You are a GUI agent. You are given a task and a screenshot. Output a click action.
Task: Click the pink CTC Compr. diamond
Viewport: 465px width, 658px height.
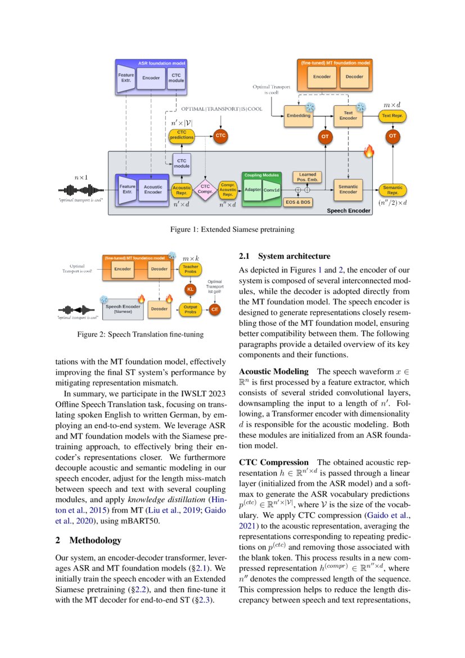(x=205, y=189)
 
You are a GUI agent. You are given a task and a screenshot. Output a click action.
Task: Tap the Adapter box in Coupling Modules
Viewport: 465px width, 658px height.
(x=252, y=190)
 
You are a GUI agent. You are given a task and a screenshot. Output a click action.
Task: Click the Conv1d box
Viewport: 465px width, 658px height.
(x=271, y=190)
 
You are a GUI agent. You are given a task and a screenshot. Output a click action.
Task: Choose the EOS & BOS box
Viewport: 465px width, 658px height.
(x=298, y=202)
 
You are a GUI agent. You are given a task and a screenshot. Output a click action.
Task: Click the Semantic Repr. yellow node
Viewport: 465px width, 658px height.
(x=392, y=189)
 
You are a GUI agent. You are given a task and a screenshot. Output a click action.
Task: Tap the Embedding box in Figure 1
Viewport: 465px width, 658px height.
(x=299, y=115)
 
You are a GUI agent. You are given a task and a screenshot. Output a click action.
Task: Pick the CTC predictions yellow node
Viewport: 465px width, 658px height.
(x=182, y=135)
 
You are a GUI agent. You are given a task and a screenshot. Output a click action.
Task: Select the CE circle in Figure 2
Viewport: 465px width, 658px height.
(x=215, y=308)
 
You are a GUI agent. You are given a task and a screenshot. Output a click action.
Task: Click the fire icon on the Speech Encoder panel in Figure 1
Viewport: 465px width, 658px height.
(x=369, y=151)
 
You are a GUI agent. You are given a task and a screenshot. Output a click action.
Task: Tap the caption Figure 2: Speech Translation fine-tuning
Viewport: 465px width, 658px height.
(x=140, y=334)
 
